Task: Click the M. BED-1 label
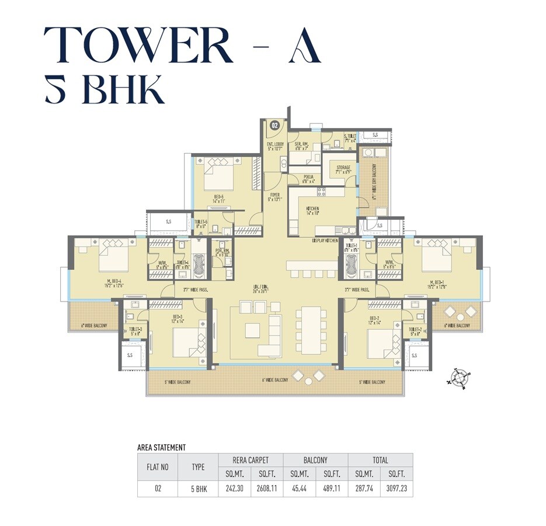click(437, 285)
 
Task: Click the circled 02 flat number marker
click(274, 124)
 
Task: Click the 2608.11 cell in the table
click(267, 488)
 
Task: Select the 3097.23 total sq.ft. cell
click(397, 488)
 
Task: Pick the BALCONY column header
click(315, 460)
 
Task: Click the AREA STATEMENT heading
click(161, 448)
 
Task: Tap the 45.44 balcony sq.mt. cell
click(299, 488)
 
